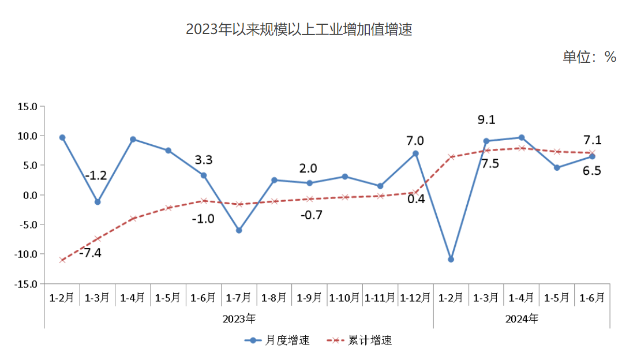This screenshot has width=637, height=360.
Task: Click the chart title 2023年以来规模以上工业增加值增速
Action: (x=298, y=30)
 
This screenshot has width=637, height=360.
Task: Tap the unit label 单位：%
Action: (x=589, y=57)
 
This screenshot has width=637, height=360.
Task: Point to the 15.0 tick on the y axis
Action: (x=27, y=107)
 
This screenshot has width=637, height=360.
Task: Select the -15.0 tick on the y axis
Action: (x=26, y=284)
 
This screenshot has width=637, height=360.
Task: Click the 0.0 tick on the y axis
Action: (x=28, y=195)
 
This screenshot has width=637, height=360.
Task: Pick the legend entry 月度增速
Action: (x=278, y=340)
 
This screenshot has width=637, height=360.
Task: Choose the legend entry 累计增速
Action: (x=359, y=340)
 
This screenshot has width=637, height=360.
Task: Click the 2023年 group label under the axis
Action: (x=239, y=318)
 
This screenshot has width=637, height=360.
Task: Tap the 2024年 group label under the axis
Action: (x=522, y=318)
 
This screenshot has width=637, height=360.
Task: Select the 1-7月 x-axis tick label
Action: (x=239, y=298)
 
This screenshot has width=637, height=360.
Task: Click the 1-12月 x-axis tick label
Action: (x=415, y=298)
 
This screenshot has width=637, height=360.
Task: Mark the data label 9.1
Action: (x=486, y=120)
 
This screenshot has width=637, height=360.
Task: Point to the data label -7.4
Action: (x=90, y=252)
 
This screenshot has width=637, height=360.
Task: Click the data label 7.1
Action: (x=592, y=140)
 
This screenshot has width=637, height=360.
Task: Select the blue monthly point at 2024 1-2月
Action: (x=451, y=260)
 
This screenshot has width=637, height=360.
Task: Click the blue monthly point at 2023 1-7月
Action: (x=239, y=230)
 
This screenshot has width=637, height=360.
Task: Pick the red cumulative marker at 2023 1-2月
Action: (x=62, y=260)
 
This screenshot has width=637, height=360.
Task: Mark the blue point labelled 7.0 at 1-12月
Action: (x=415, y=153)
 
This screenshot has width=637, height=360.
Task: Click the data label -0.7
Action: (x=311, y=215)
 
